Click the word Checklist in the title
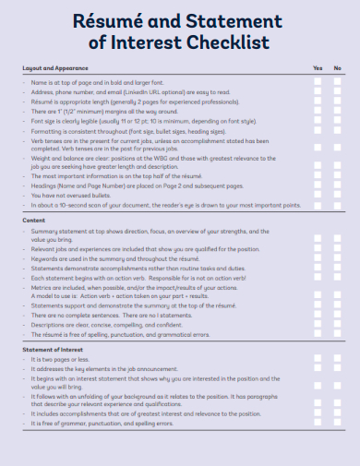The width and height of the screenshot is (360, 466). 227,42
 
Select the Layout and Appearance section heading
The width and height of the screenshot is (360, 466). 54,68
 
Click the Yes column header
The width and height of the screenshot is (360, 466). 318,68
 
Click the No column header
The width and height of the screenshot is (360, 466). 338,68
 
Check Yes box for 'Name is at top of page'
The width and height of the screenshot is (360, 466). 318,82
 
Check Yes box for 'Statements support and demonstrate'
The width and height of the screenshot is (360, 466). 318,305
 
